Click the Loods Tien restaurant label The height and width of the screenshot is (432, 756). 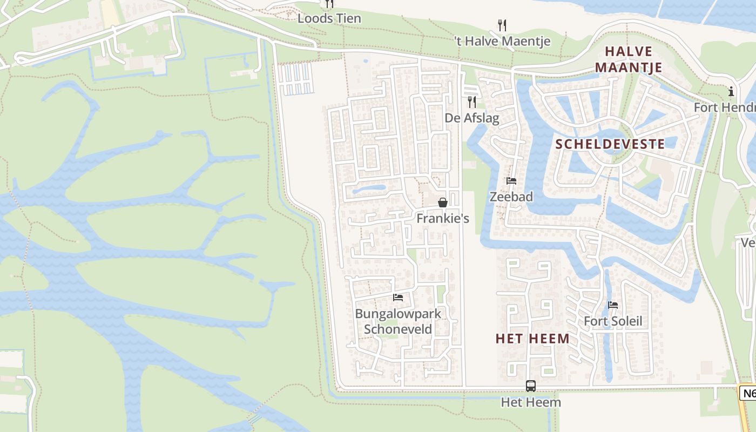click(x=329, y=18)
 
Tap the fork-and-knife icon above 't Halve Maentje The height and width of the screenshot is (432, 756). click(x=502, y=25)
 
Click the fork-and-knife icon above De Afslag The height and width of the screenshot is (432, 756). click(x=472, y=102)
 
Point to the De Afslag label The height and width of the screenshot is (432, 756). click(x=472, y=118)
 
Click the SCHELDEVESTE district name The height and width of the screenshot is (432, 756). click(x=610, y=144)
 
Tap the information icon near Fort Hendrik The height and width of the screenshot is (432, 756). click(x=731, y=91)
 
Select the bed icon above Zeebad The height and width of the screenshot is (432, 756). click(x=511, y=181)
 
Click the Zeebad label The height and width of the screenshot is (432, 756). click(x=511, y=197)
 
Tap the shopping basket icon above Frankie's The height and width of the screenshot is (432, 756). click(x=443, y=202)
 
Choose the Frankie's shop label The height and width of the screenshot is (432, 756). click(x=443, y=218)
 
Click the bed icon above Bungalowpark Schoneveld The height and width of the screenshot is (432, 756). click(x=398, y=298)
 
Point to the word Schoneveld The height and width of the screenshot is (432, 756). click(x=398, y=329)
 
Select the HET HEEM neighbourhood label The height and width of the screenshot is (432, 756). click(x=532, y=339)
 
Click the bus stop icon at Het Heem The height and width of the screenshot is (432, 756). click(x=531, y=386)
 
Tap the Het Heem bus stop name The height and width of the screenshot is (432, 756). click(x=531, y=402)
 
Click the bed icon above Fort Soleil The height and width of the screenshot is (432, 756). click(x=613, y=305)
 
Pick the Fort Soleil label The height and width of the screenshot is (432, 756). click(x=613, y=321)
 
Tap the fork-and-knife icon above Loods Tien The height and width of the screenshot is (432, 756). click(x=329, y=4)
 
